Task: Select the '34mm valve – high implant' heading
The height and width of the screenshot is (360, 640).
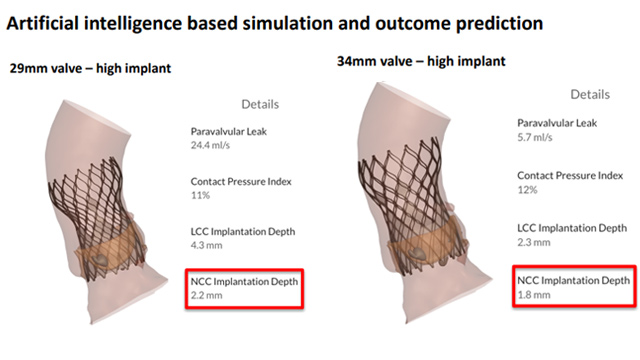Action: (420, 61)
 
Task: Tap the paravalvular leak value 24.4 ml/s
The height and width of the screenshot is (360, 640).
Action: (213, 144)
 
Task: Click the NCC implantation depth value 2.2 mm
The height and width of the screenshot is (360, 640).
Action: (207, 296)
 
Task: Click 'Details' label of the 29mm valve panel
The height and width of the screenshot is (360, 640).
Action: (260, 104)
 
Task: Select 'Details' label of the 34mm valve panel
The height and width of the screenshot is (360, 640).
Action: (590, 94)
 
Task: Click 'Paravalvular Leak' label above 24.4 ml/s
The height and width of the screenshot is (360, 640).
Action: (229, 130)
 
